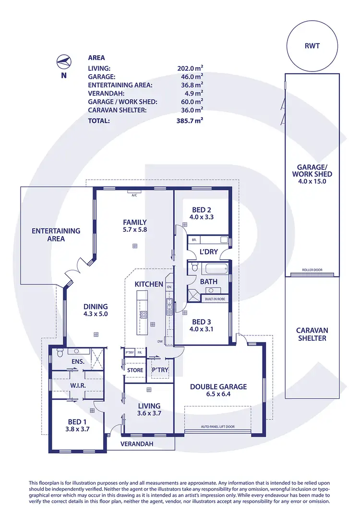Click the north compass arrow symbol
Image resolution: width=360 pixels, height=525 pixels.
click(63, 61)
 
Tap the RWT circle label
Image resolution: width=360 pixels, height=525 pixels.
click(312, 47)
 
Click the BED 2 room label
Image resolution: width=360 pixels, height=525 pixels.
click(202, 213)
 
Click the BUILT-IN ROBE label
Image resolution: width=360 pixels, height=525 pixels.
click(215, 299)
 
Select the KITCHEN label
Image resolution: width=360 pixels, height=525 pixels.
click(149, 284)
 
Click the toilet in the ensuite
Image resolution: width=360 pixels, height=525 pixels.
click(59, 354)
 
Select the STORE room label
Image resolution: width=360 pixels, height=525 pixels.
click(135, 370)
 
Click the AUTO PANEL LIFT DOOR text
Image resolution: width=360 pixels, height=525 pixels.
click(218, 426)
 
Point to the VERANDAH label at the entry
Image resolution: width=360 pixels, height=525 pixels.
click(137, 444)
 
